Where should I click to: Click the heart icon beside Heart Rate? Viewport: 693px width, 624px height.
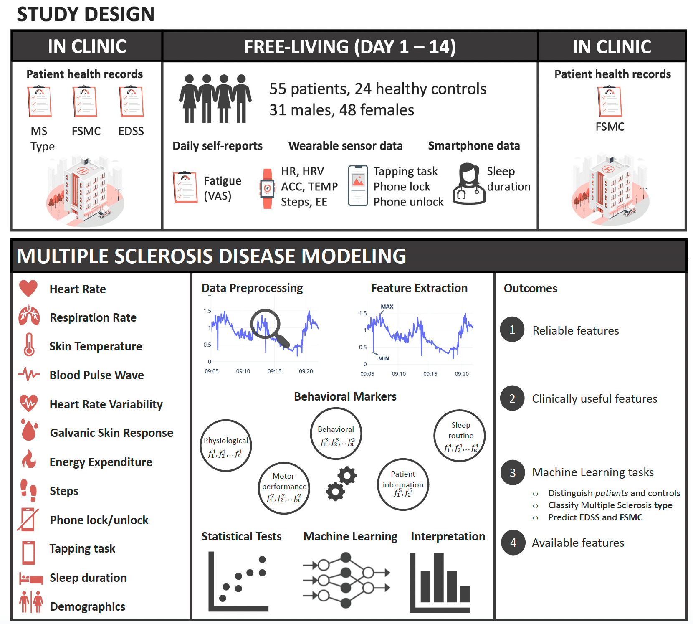click(x=28, y=289)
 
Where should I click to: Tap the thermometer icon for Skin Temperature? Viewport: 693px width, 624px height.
click(x=29, y=345)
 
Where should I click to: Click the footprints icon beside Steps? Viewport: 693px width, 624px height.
click(x=29, y=490)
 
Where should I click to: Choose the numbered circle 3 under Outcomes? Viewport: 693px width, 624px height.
click(x=513, y=472)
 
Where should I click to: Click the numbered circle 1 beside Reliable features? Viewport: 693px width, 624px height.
click(x=512, y=330)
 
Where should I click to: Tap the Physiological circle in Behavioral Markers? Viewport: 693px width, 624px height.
click(x=226, y=446)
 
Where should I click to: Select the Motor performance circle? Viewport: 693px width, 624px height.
click(x=284, y=488)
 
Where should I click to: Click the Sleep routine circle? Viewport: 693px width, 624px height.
click(x=460, y=436)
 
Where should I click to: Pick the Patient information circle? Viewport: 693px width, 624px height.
click(x=403, y=484)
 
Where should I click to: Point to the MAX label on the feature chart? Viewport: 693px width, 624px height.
click(x=387, y=307)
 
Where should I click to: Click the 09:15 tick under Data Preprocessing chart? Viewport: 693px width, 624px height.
click(x=274, y=371)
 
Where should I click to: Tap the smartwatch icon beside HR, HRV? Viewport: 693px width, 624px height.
click(x=267, y=188)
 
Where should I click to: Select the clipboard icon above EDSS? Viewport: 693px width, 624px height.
click(x=131, y=101)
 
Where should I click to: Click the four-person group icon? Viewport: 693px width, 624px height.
click(x=215, y=99)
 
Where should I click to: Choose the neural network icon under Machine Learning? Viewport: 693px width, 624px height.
click(x=346, y=580)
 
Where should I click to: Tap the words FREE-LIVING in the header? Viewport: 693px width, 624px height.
click(x=296, y=46)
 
